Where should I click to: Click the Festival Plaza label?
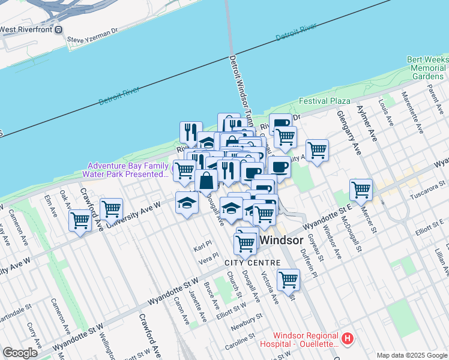coord(325,101)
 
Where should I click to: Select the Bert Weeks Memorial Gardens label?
coord(427,68)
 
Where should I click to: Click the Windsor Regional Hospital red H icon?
coord(347,340)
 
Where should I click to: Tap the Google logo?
coord(20,353)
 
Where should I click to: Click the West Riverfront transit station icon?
coord(58,29)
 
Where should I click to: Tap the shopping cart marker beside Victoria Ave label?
coord(288,279)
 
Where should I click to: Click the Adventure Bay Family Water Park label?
coord(128,170)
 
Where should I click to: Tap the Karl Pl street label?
coord(203,247)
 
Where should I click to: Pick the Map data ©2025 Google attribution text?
coord(412,355)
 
